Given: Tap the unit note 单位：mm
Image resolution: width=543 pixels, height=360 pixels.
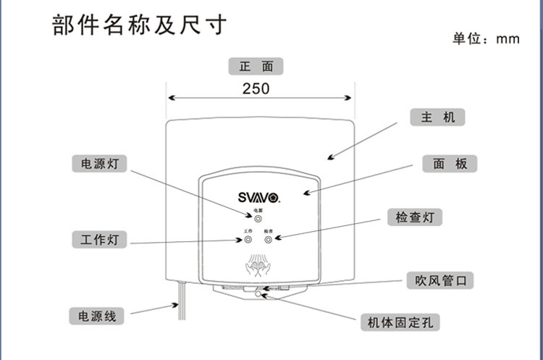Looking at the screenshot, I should [486, 39].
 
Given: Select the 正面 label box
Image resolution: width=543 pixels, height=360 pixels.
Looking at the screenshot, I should [256, 67].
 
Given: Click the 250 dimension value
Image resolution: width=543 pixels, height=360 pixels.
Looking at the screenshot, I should [256, 88].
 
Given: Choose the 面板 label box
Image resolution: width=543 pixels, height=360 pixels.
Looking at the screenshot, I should [450, 164].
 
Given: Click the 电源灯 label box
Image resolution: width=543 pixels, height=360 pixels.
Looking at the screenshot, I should [99, 164].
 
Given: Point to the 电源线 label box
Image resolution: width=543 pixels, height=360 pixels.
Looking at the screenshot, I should [97, 316].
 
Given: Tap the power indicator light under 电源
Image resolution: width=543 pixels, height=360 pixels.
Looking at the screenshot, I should [258, 218].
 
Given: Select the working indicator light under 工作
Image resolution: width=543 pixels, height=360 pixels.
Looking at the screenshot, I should [248, 239].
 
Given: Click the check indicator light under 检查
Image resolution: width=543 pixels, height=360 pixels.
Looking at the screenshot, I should [269, 239].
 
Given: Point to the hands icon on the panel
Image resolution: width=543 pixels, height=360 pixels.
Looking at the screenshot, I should [258, 266].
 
